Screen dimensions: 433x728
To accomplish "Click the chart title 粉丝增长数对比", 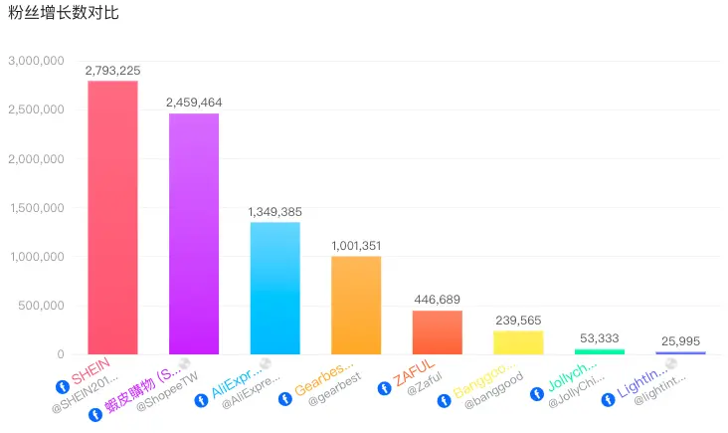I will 63,14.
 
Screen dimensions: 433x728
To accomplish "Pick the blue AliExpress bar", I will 274,288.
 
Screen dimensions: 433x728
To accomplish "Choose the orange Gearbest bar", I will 356,305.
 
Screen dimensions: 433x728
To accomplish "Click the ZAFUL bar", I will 437,332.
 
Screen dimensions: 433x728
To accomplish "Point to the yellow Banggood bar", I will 518,342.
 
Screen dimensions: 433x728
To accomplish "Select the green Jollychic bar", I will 599,351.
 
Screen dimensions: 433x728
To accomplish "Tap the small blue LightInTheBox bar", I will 680,352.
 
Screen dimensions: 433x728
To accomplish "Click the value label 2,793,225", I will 112,71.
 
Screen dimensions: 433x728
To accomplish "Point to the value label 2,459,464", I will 194,103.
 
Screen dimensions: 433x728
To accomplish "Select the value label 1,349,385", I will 274,212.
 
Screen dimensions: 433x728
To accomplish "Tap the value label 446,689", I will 437,300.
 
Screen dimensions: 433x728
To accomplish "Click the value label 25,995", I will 680,340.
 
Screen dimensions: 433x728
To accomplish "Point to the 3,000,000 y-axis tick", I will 36,61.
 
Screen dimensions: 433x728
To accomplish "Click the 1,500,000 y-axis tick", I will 36,208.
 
